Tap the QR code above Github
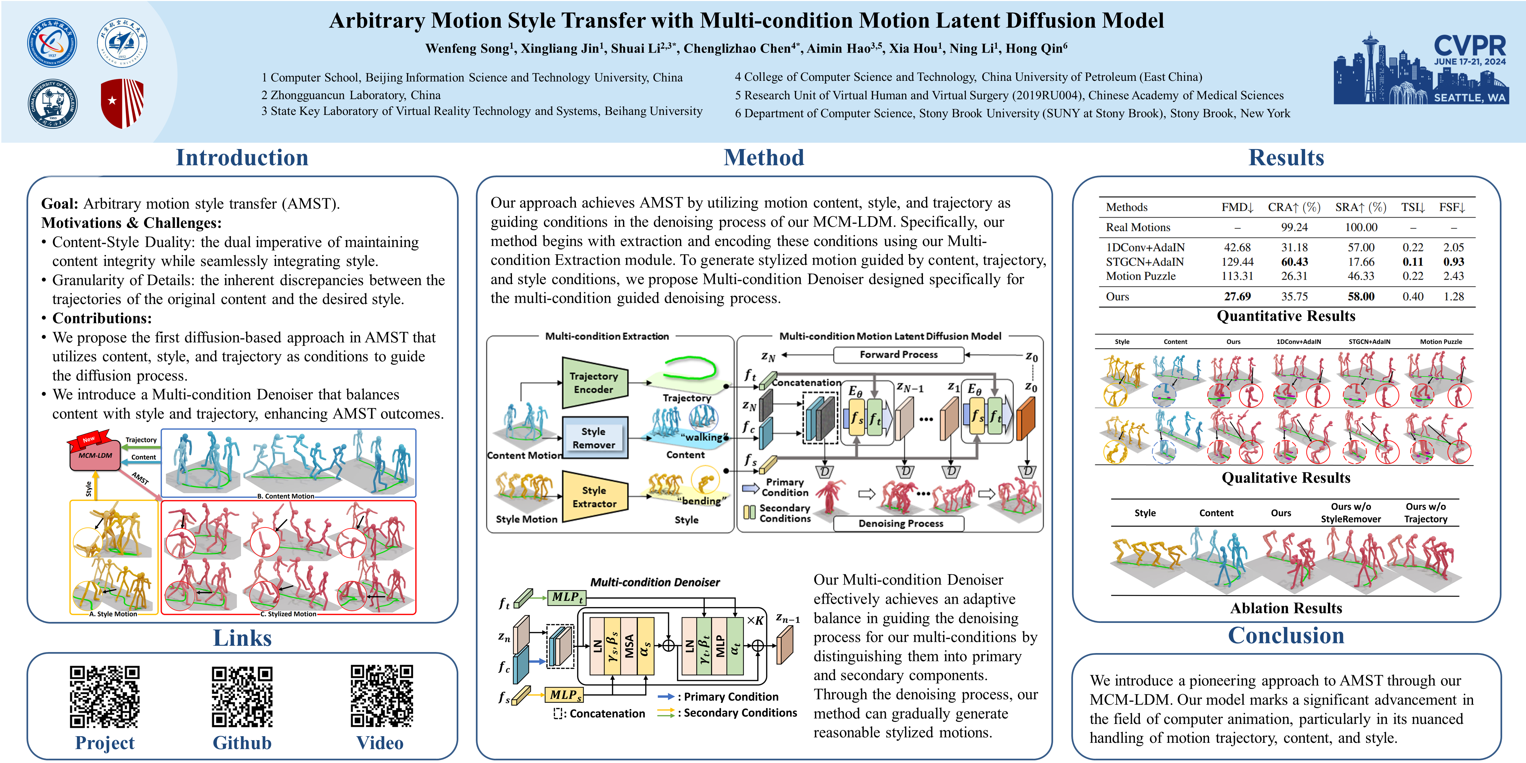pos(242,696)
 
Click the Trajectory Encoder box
pos(593,383)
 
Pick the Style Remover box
pos(593,438)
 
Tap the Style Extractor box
pos(593,496)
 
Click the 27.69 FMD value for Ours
pos(1237,296)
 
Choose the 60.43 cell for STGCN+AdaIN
pos(1295,261)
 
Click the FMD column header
pos(1237,207)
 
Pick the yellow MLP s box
pos(564,694)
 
